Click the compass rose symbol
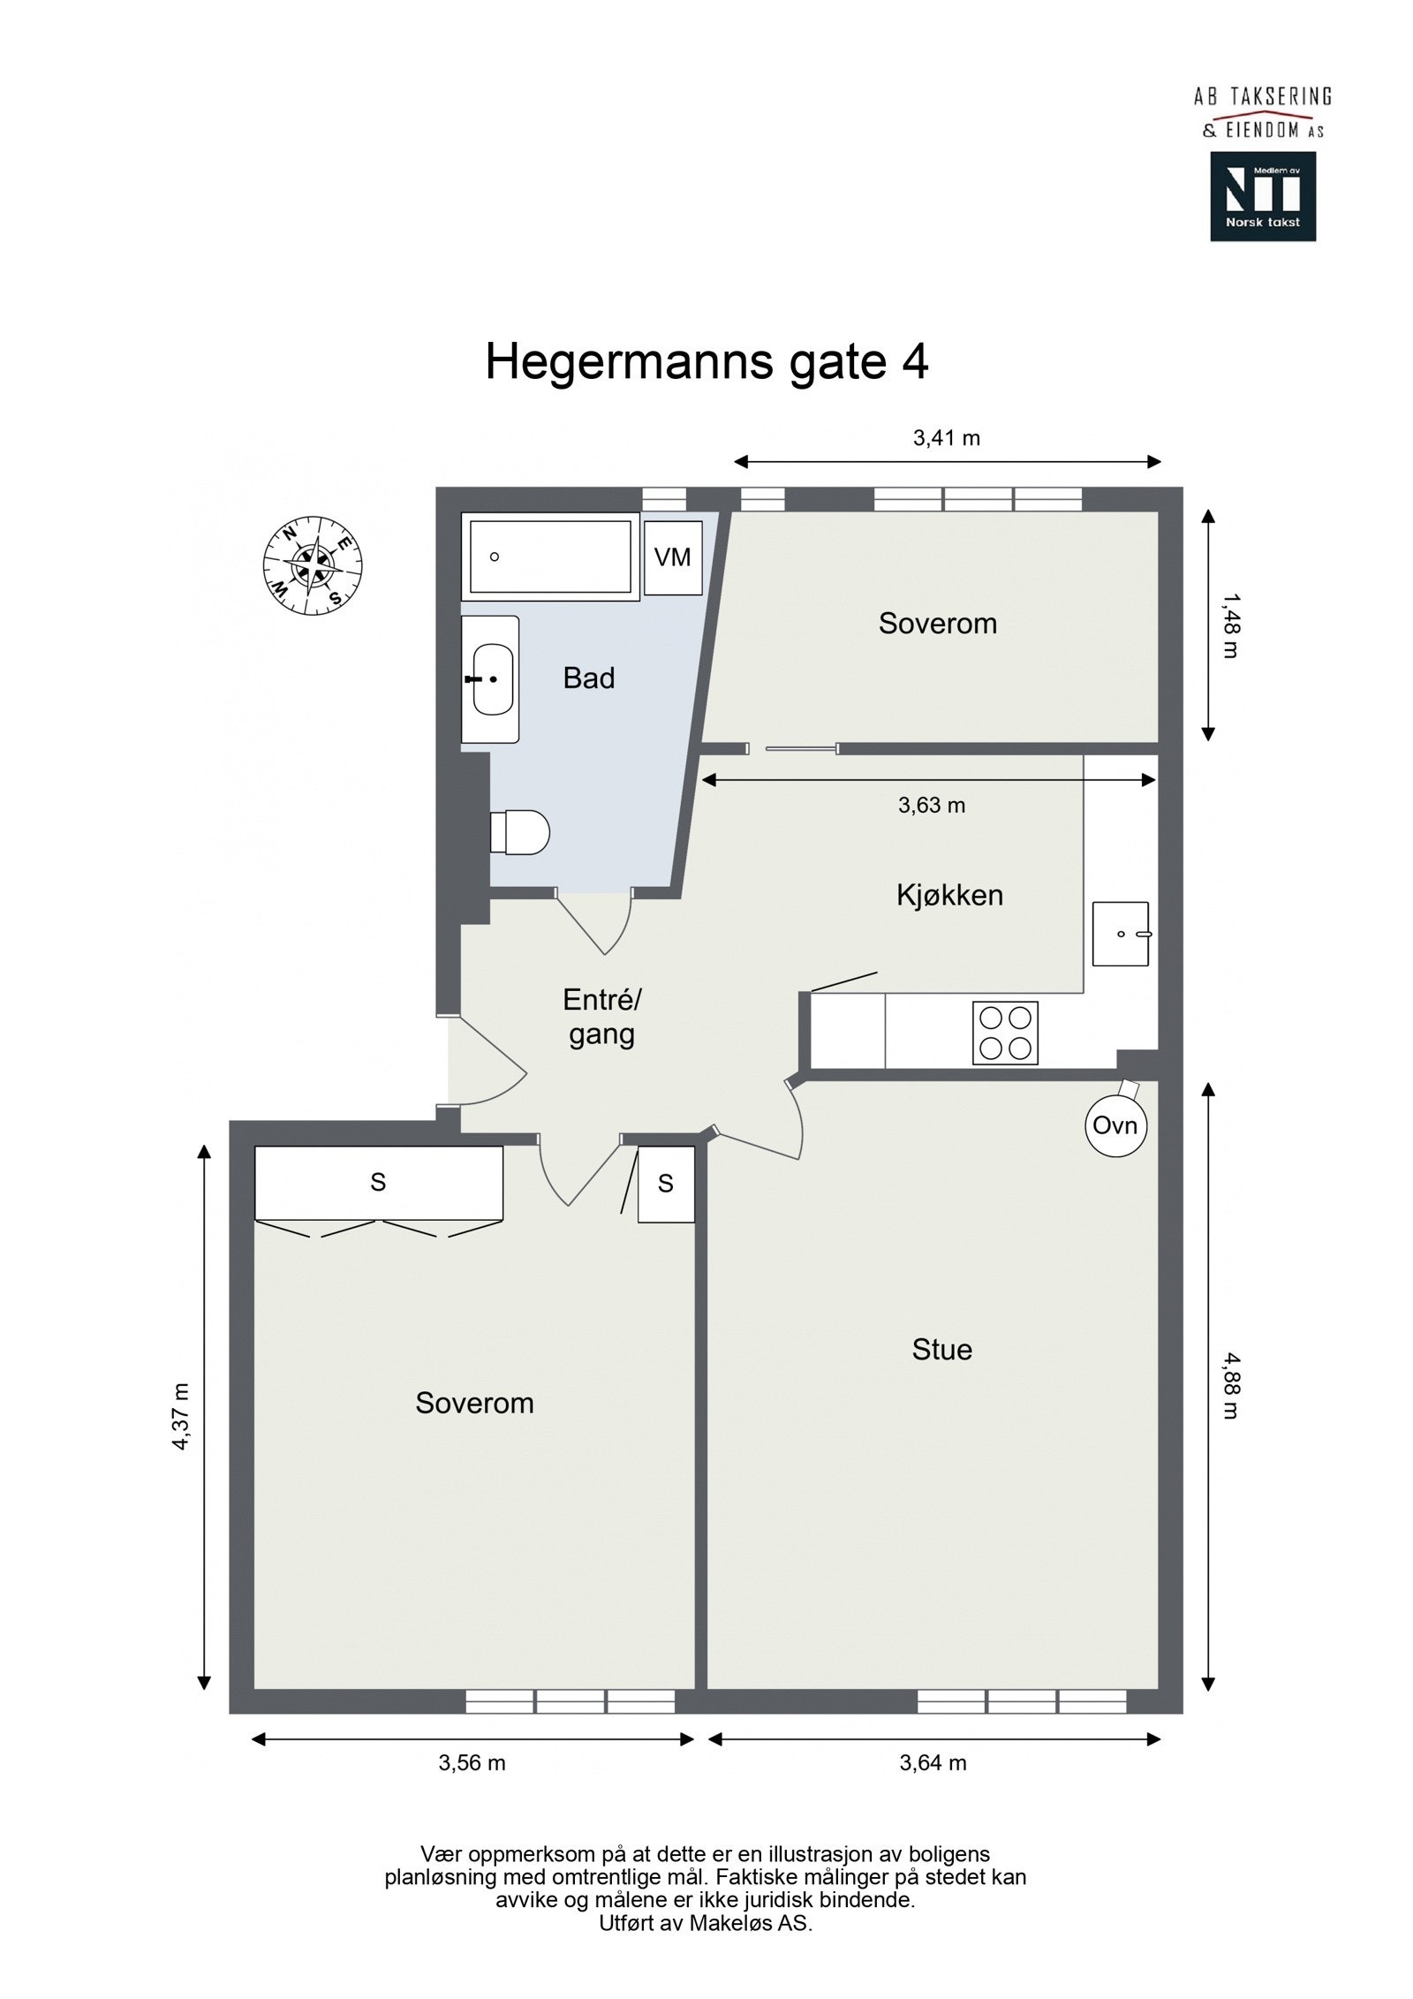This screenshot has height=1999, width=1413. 313,565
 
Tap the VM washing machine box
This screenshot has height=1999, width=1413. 672,557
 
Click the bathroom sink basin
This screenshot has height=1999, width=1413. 492,678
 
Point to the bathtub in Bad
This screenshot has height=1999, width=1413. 549,557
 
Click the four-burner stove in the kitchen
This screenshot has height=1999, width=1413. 1005,1033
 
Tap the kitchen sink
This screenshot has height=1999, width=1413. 1121,933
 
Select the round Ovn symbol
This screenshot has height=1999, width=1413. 1115,1125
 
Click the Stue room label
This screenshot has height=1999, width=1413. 941,1350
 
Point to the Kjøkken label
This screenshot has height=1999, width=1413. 949,895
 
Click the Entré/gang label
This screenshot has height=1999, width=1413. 601,1017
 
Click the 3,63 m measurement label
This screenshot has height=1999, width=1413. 932,805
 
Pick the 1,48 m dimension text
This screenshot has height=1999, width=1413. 1231,626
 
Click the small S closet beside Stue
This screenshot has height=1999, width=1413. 666,1185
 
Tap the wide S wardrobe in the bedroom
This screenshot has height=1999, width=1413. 378,1182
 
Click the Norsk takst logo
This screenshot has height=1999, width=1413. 1262,196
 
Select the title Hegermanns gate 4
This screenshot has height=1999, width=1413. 706,362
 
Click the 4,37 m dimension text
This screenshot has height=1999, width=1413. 181,1416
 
